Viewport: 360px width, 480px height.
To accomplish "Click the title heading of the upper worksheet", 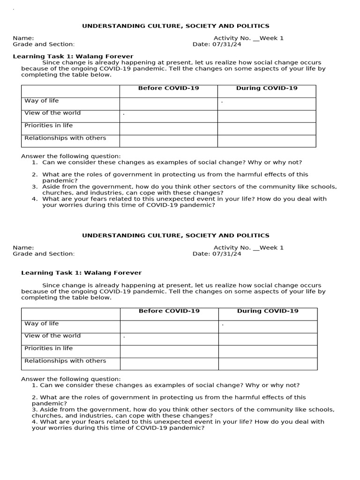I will pyautogui.click(x=176, y=26).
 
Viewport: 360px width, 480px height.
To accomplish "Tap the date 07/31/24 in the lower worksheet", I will pyautogui.click(x=228, y=254).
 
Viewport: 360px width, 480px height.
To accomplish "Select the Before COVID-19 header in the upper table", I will pyautogui.click(x=168, y=88).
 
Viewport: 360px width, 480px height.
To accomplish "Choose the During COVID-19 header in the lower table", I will pyautogui.click(x=267, y=311).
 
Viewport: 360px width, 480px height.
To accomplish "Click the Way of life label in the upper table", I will pyautogui.click(x=42, y=101).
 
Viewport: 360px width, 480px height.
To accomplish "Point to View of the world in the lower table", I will pyautogui.click(x=52, y=336).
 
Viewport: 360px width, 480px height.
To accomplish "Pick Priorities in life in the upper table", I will pyautogui.click(x=48, y=126).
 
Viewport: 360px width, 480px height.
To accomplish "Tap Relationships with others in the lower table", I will pyautogui.click(x=65, y=361).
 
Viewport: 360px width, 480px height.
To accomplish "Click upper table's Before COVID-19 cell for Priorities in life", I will pyautogui.click(x=168, y=128).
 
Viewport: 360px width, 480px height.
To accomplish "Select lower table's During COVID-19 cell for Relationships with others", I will pyautogui.click(x=268, y=364).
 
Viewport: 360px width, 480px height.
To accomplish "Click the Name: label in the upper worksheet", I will pyautogui.click(x=23, y=38).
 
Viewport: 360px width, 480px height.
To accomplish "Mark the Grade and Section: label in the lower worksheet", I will pyautogui.click(x=44, y=254).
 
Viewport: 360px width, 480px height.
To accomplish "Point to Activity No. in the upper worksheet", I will pyautogui.click(x=232, y=38).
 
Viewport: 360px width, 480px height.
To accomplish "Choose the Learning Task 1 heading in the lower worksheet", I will pyautogui.click(x=81, y=273).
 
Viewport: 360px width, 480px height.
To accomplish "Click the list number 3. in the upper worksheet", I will pyautogui.click(x=35, y=187).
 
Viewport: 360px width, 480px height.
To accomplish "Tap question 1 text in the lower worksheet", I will pyautogui.click(x=169, y=385).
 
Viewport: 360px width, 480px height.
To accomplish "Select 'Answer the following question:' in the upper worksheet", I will pyautogui.click(x=71, y=156).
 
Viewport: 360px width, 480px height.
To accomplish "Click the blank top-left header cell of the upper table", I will pyautogui.click(x=70, y=91).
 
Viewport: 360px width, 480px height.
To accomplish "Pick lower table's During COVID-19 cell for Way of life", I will pyautogui.click(x=268, y=326).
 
